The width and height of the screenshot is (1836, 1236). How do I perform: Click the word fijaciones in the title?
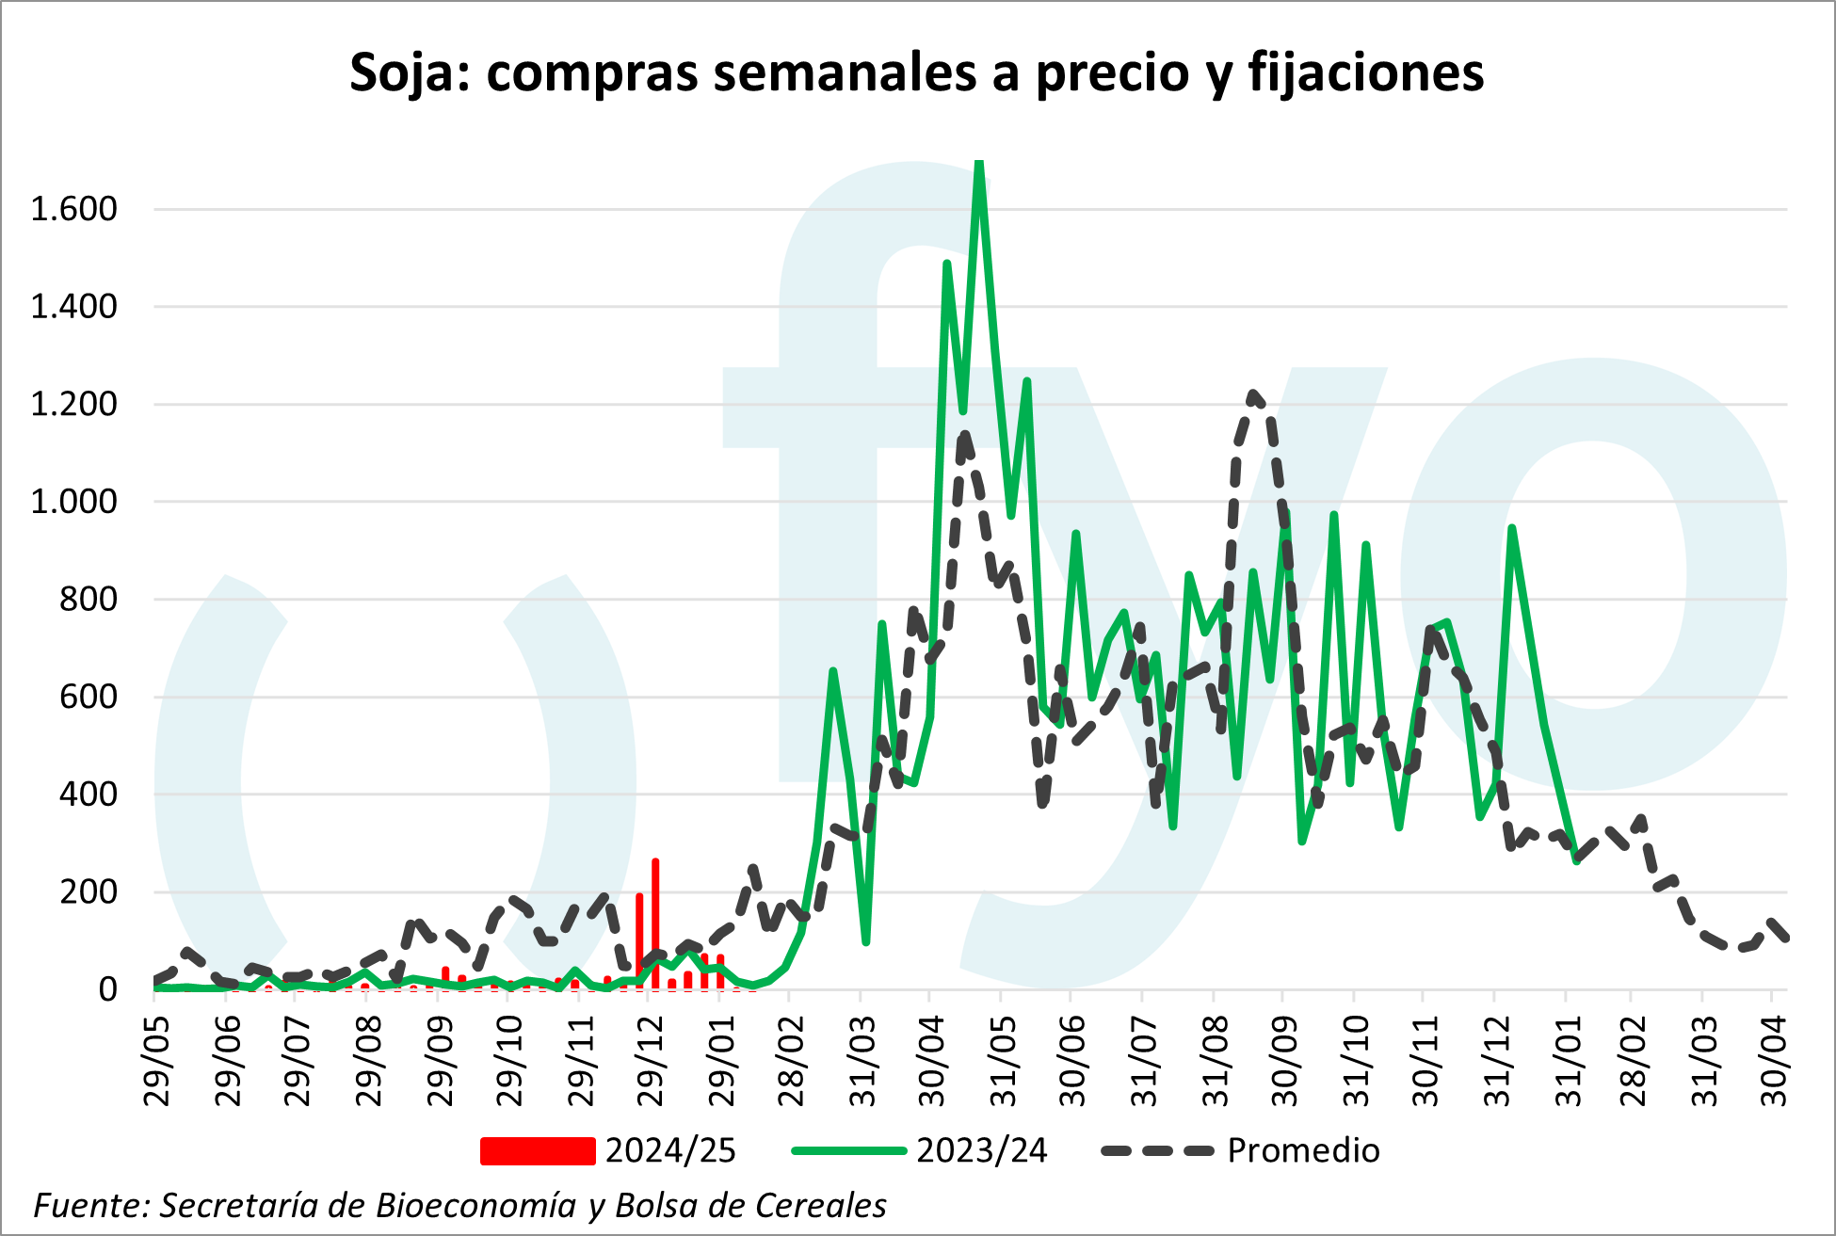(x=1365, y=72)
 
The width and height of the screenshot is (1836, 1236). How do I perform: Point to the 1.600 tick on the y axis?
(x=73, y=209)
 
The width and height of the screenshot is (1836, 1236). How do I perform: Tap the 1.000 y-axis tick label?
(x=73, y=502)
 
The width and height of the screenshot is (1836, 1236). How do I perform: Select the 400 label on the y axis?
(x=89, y=795)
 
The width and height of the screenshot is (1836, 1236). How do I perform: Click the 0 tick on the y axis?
(x=107, y=989)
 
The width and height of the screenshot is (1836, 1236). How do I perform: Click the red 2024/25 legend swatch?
(x=538, y=1151)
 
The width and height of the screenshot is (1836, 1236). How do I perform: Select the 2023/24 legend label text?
(x=981, y=1151)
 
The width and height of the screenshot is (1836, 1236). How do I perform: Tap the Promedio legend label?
(x=1303, y=1151)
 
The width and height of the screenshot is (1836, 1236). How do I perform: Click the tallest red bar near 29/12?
(x=655, y=923)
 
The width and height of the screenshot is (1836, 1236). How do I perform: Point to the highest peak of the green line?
(x=979, y=165)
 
